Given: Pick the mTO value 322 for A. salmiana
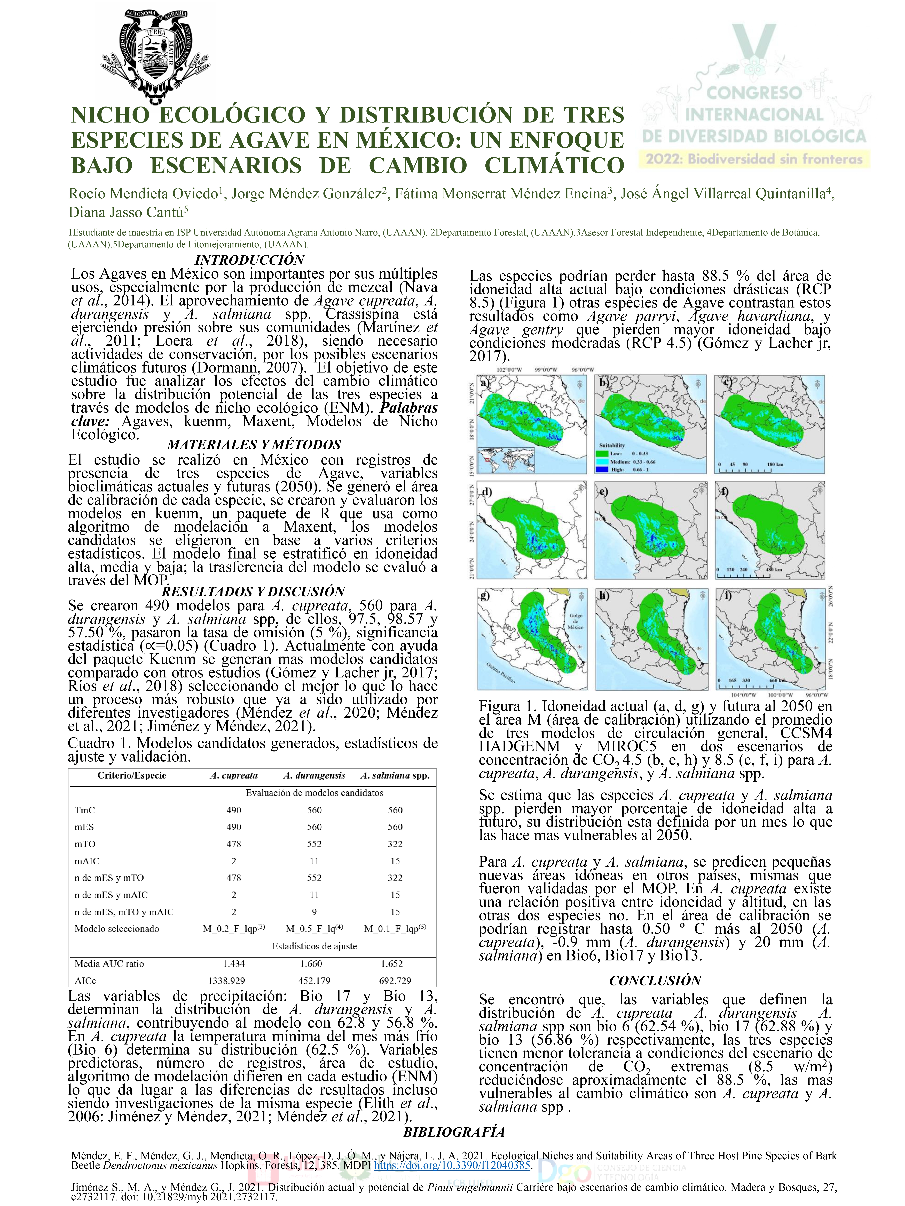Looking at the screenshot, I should (395, 844).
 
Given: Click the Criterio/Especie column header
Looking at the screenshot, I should (131, 775).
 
